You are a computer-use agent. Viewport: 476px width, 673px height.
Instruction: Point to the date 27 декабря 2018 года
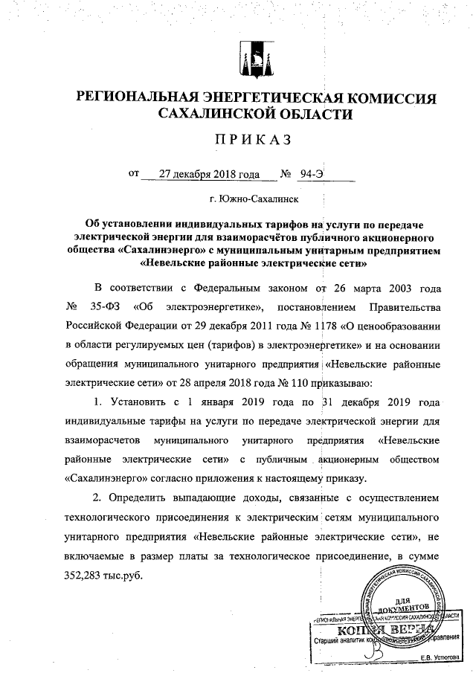(203, 176)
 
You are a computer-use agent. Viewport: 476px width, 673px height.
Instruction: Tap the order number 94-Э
(312, 176)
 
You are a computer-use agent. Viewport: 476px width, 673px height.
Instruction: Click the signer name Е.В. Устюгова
(440, 657)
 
